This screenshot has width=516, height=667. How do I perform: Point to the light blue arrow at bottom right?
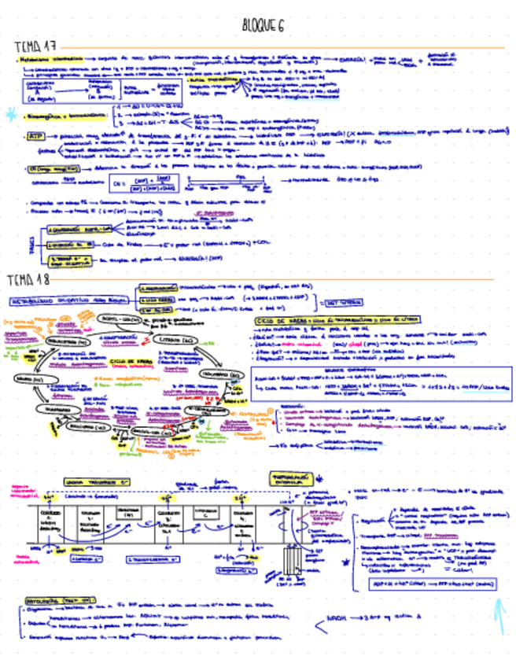[x=499, y=617]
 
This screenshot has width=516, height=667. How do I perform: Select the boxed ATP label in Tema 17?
[x=35, y=135]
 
